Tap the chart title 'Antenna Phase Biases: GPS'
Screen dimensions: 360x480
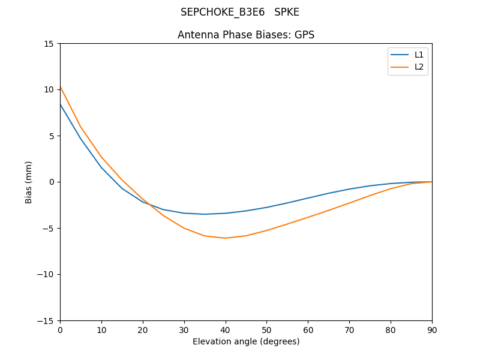click(x=246, y=35)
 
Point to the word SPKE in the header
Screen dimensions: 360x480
click(x=287, y=12)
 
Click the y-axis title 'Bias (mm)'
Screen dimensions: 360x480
click(x=29, y=182)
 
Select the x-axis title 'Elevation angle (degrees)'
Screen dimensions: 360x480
click(x=246, y=341)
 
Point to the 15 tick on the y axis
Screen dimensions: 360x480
click(x=49, y=44)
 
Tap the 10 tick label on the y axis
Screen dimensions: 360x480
click(x=49, y=90)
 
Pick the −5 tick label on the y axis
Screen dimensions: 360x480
click(x=46, y=228)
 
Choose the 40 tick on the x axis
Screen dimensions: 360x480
click(x=225, y=329)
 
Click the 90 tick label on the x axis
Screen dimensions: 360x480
click(x=432, y=329)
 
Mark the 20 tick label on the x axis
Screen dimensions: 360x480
click(x=143, y=329)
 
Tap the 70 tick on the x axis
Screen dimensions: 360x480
click(x=349, y=329)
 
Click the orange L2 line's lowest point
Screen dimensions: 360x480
click(x=225, y=238)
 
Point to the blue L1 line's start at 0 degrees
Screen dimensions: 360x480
click(x=61, y=104)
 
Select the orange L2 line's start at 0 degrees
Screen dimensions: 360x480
click(x=61, y=87)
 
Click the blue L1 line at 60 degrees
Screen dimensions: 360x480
click(x=308, y=198)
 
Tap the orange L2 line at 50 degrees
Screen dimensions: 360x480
click(x=266, y=230)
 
